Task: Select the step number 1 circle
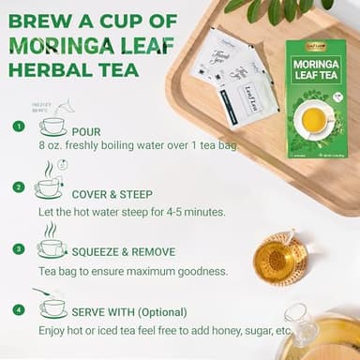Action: click(18, 126)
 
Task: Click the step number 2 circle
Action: click(18, 187)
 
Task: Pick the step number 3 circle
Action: click(18, 248)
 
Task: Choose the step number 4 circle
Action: click(18, 309)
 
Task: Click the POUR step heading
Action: click(85, 132)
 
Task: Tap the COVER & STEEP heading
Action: click(114, 193)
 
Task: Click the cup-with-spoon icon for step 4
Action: click(51, 306)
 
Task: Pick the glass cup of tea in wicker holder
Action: click(280, 258)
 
